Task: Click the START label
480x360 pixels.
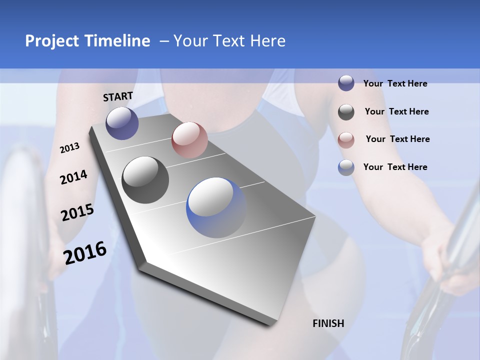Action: point(118,96)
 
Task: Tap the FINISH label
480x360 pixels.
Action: point(328,323)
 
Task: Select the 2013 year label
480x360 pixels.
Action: point(70,148)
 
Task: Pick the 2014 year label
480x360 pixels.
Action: point(73,177)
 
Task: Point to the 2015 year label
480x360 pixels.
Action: point(77,212)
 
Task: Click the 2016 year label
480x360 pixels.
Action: point(85,252)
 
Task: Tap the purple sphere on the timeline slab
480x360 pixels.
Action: point(122,123)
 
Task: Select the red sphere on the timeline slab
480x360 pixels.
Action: point(189,140)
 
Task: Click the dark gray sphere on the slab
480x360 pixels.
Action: point(145,180)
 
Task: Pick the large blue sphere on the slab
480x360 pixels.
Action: point(216,207)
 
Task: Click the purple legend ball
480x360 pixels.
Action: point(346,83)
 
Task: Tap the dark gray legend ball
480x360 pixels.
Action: point(346,111)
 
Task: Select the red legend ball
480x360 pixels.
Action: point(346,139)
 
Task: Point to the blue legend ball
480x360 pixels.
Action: point(346,167)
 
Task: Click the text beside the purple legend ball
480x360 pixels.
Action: point(395,83)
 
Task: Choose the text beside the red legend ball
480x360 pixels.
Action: point(397,139)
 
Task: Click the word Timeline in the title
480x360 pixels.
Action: point(116,41)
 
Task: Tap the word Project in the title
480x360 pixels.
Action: point(51,41)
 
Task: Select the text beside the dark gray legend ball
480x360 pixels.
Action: point(396,111)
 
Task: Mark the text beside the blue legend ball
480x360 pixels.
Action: point(395,167)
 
